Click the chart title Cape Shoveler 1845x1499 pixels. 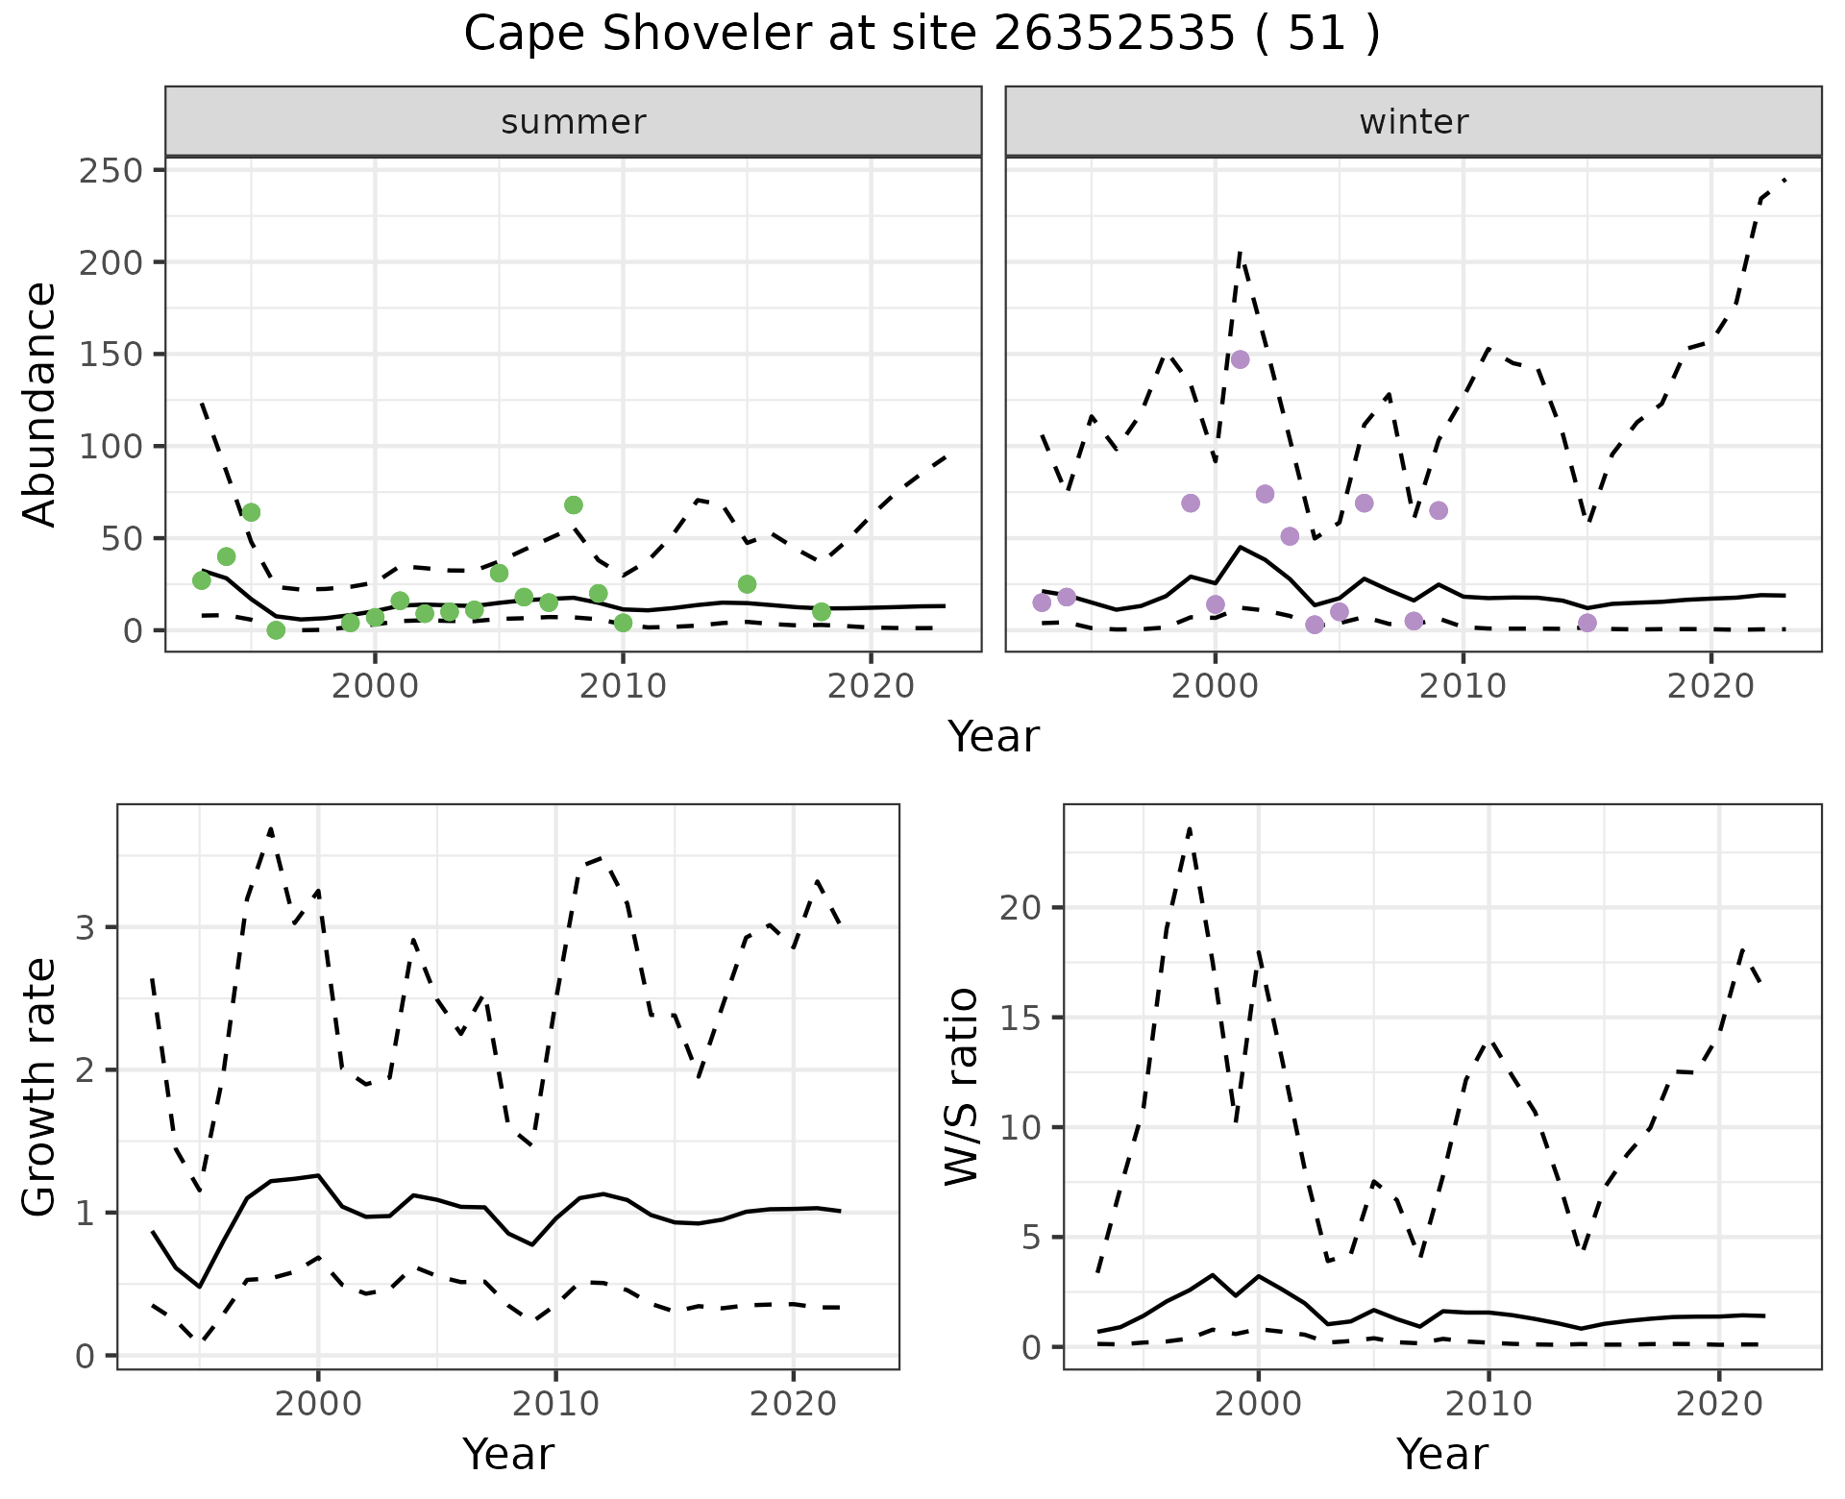point(922,35)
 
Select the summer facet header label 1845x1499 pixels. point(574,122)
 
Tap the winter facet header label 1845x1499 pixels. point(1414,122)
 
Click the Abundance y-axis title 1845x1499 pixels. point(39,404)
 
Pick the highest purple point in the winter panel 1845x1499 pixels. point(1240,359)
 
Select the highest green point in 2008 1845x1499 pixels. point(574,505)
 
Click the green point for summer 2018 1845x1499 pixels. point(822,612)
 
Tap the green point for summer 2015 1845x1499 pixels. point(747,584)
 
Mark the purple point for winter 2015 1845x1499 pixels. point(1587,624)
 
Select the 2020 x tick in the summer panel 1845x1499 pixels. point(871,687)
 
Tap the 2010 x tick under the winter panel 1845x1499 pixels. point(1464,687)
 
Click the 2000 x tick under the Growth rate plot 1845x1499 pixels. point(318,1404)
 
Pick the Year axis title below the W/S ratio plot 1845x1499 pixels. point(1442,1454)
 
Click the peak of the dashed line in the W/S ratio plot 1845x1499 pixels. point(1190,827)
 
